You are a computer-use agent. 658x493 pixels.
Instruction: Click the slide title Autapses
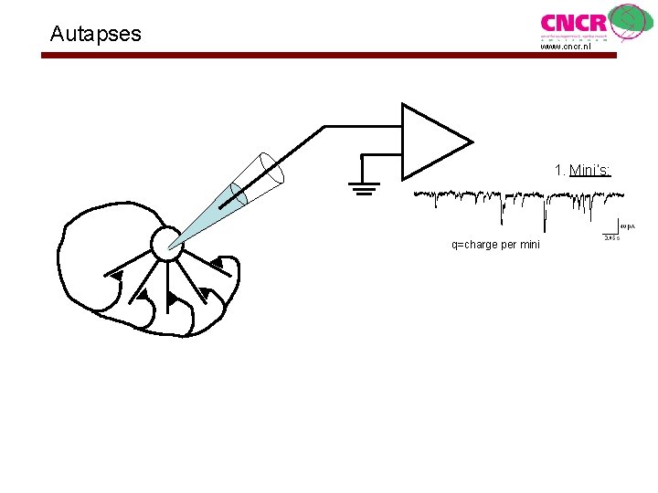96,35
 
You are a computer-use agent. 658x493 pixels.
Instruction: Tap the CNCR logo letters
573,23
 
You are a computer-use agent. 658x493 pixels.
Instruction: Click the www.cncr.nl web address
566,47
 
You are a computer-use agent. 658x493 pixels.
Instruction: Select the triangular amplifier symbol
434,142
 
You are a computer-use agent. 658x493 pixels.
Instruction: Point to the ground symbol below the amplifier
363,188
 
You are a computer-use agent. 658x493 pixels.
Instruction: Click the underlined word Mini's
589,170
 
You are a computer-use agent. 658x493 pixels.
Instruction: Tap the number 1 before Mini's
558,170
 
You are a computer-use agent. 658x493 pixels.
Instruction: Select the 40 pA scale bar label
628,226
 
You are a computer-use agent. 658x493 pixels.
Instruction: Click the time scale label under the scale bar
611,238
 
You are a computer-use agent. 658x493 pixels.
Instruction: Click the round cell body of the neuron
167,243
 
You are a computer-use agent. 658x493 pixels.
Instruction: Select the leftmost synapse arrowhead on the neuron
116,274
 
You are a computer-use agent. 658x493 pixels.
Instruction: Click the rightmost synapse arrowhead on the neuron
217,264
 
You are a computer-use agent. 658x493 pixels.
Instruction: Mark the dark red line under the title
329,56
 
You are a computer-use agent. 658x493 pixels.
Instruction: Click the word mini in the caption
529,245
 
